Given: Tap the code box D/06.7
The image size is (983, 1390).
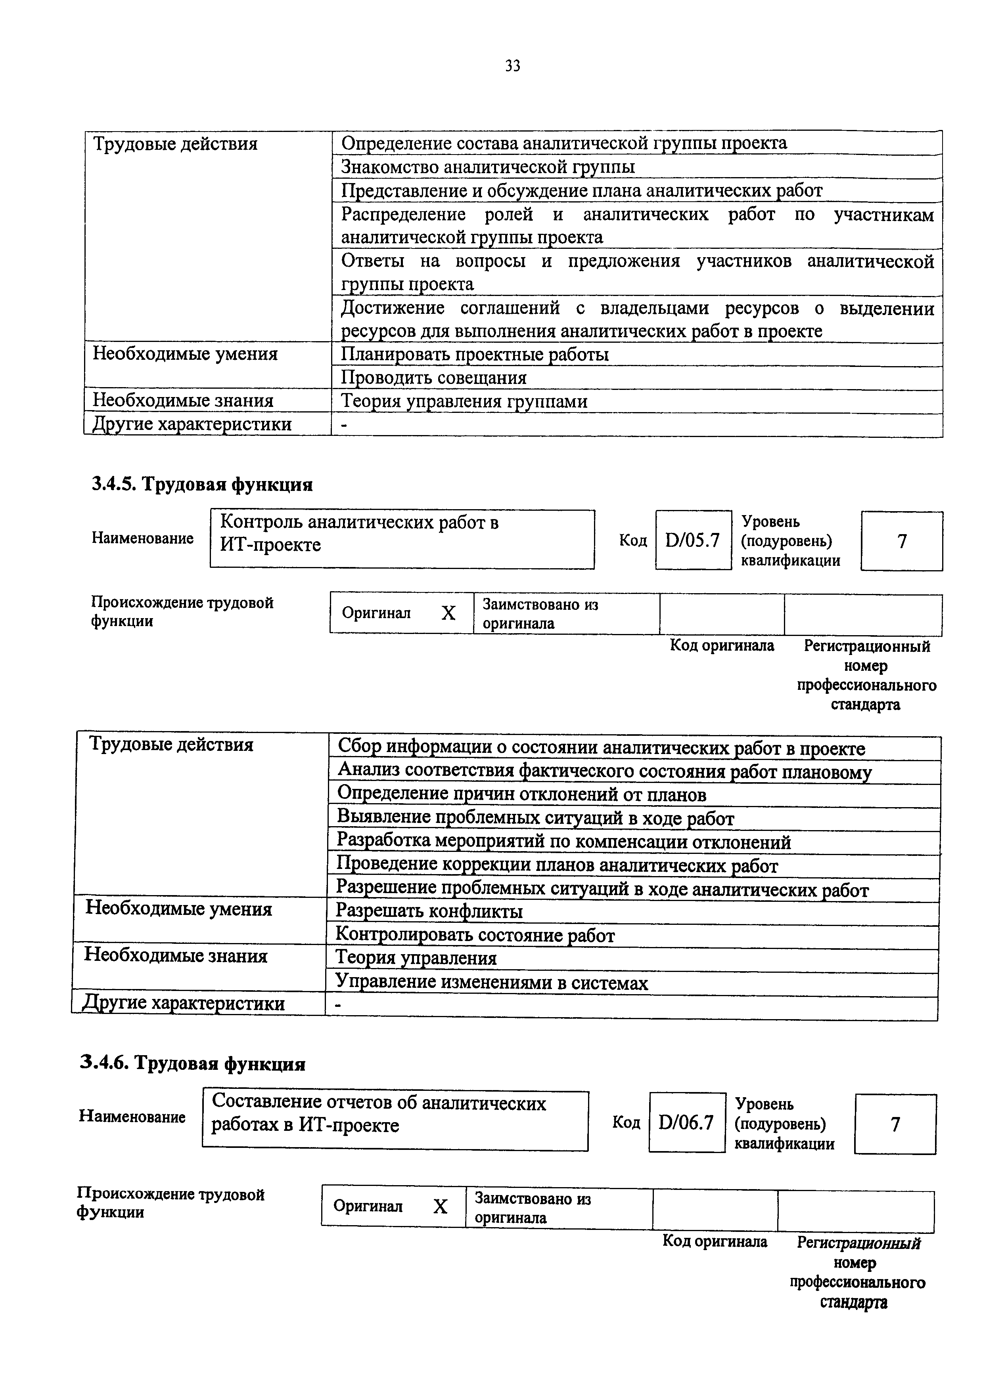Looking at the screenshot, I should point(686,1123).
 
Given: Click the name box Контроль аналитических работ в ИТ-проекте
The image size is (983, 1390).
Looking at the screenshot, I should point(402,538).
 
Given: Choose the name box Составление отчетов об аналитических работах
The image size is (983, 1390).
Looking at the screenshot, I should point(395,1121).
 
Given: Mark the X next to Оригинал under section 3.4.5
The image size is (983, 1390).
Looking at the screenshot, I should point(448,614).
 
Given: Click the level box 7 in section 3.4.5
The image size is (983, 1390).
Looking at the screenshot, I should point(901,540).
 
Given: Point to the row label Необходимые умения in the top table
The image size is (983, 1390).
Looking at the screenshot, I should point(185,353).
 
